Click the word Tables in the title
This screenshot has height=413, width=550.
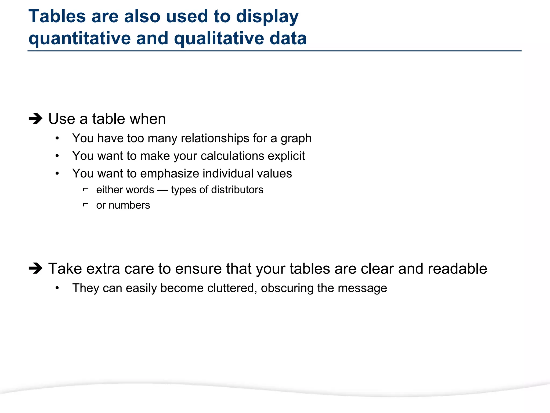click(57, 17)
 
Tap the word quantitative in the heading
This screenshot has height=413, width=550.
click(79, 39)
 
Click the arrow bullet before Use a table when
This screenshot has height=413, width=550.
click(35, 119)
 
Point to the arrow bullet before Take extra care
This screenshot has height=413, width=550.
click(35, 268)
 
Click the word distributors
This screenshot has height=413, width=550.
click(237, 190)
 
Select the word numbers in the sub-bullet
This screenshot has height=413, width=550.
click(129, 205)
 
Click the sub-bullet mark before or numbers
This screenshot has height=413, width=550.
click(85, 205)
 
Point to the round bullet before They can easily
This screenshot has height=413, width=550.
click(57, 288)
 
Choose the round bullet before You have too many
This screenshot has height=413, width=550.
click(57, 138)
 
